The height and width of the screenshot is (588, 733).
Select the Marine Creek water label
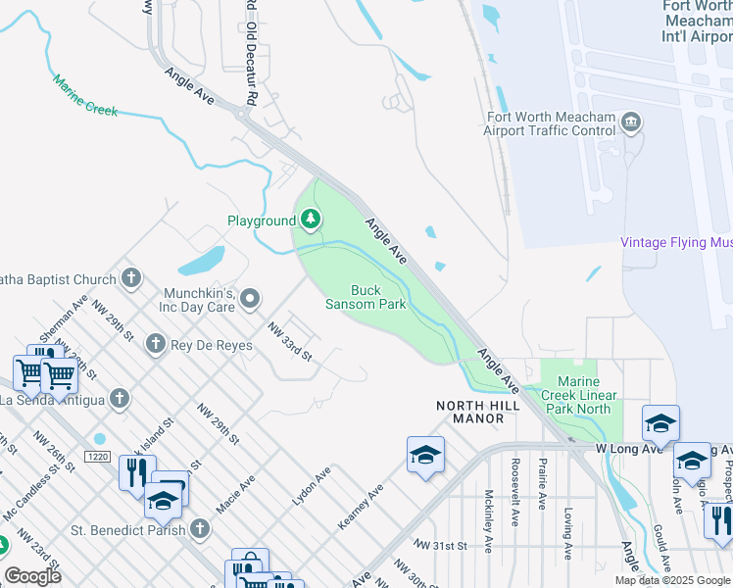point(85,96)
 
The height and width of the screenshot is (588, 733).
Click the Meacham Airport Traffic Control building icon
point(632,122)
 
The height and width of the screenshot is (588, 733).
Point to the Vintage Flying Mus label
point(676,242)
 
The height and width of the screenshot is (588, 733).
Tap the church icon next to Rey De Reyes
point(154,343)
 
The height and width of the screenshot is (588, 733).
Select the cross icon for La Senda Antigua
point(120,398)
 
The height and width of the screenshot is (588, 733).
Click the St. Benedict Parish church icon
point(200,530)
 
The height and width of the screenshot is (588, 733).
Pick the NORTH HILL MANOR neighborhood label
point(470,412)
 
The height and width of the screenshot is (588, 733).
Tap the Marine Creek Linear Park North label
point(586,395)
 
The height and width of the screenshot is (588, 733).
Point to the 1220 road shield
point(96,457)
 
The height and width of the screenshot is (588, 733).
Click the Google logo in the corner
point(32,575)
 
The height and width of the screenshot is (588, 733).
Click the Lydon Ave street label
point(311,486)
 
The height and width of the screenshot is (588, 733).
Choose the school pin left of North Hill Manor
point(426,454)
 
